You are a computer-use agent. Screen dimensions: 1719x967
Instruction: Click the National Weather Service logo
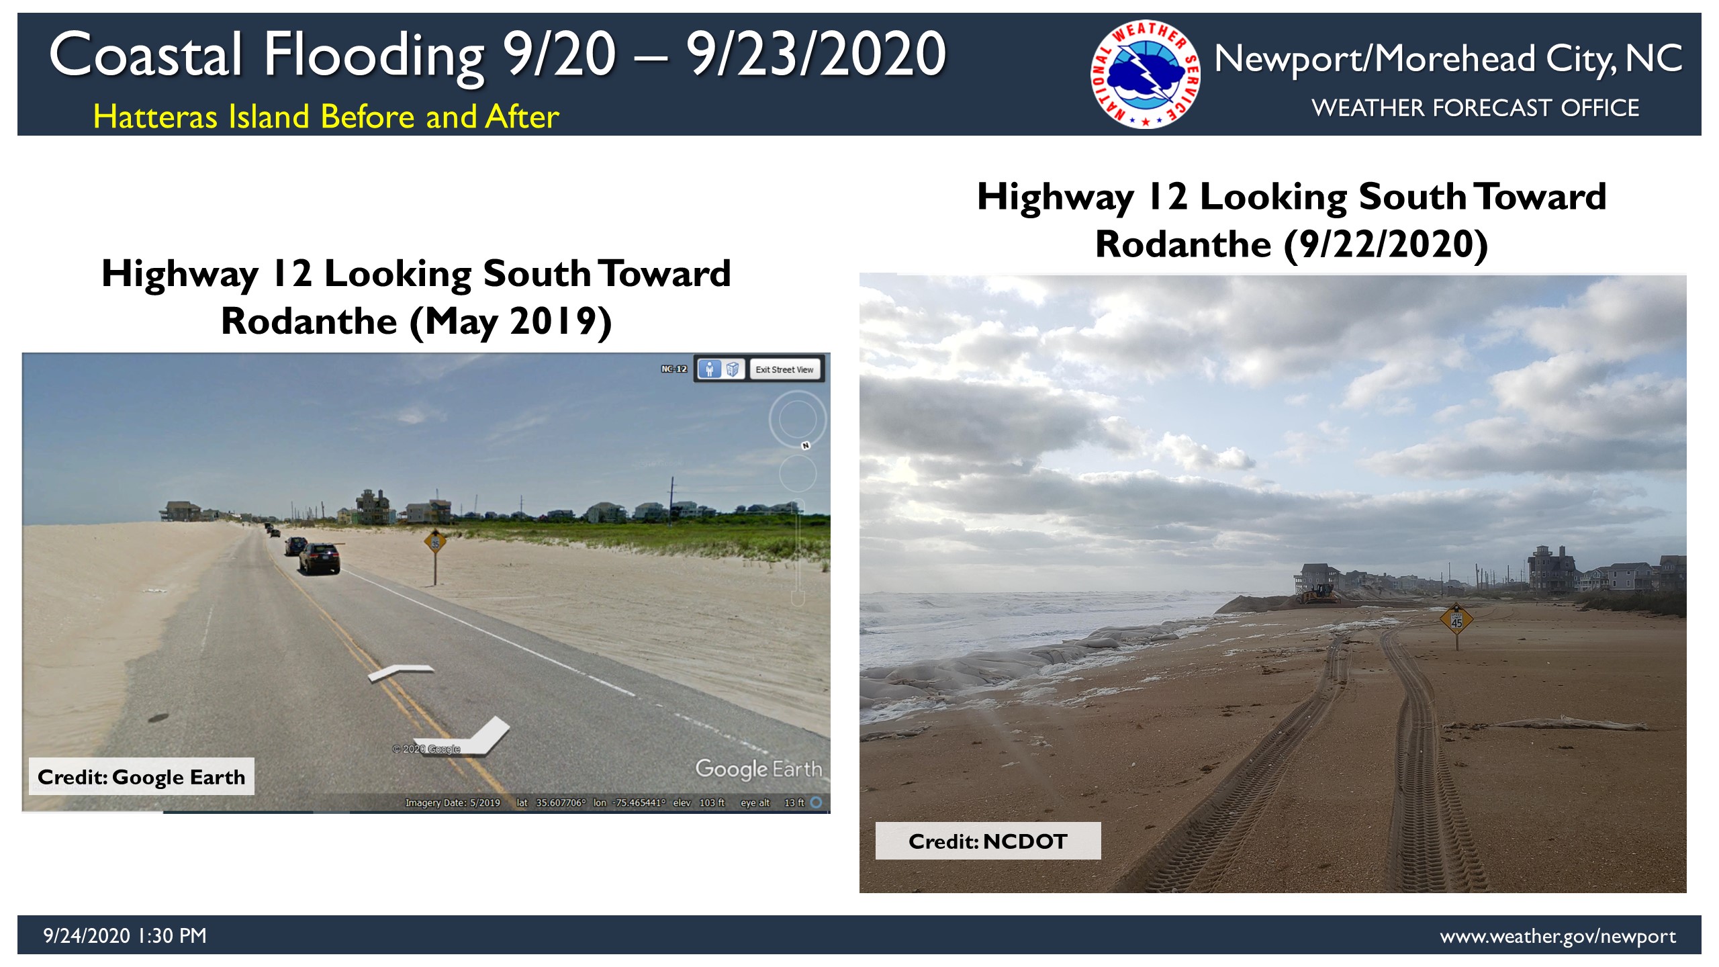(1146, 74)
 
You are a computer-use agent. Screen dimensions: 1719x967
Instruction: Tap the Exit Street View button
(784, 369)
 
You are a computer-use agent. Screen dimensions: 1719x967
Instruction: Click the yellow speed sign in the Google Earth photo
(435, 542)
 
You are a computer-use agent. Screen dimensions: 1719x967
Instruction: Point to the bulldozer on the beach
(1318, 594)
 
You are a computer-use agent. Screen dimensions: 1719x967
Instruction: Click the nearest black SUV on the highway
(319, 558)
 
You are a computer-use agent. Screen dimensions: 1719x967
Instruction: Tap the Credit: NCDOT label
(988, 841)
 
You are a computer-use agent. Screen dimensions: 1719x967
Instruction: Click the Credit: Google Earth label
(142, 777)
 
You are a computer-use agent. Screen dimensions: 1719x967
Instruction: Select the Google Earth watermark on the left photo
(759, 769)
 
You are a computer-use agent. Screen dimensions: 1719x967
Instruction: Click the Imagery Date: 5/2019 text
(453, 802)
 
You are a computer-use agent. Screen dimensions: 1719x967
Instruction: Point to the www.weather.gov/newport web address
(1558, 936)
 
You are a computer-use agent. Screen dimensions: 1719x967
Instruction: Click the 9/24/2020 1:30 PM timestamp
(125, 935)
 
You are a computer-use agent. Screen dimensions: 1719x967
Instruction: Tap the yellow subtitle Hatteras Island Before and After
(326, 116)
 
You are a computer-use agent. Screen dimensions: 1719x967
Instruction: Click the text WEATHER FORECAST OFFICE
(1475, 107)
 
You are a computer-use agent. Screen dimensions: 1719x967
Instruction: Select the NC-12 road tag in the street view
(673, 369)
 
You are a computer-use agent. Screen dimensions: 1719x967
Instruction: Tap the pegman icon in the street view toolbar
(709, 369)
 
